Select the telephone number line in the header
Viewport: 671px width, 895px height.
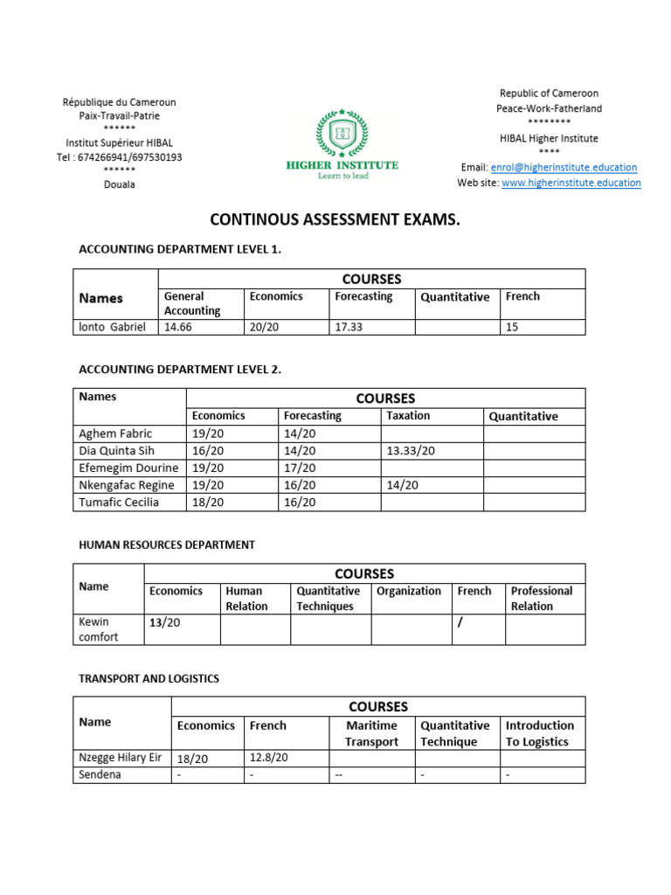[120, 157]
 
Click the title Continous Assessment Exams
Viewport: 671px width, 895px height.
[335, 220]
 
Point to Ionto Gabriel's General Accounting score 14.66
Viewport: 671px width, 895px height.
[177, 327]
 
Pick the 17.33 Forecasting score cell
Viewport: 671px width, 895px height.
[348, 327]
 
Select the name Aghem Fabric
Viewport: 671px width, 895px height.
[115, 434]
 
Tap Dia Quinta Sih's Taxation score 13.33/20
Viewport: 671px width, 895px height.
[411, 451]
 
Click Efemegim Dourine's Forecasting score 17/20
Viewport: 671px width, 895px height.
[300, 468]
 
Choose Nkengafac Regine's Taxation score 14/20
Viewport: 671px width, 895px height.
[402, 485]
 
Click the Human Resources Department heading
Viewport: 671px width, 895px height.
[167, 545]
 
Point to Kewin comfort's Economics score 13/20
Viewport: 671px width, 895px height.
[166, 622]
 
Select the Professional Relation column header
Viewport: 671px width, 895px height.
[542, 599]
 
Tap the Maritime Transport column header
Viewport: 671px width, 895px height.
[371, 733]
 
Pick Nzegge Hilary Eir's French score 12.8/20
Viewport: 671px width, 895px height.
[268, 759]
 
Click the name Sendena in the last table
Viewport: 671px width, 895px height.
[100, 775]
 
